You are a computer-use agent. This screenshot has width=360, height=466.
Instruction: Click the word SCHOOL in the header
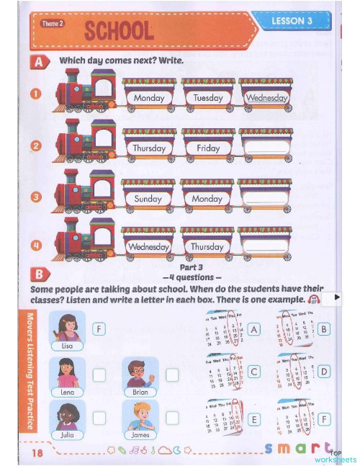(119, 31)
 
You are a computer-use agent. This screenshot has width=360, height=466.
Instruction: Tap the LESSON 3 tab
(292, 22)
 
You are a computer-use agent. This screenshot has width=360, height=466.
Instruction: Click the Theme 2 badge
(53, 24)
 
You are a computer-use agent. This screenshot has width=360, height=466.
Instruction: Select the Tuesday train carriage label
(208, 98)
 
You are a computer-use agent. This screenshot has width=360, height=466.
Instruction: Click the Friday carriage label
(208, 148)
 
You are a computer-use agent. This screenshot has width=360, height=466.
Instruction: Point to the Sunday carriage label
(148, 198)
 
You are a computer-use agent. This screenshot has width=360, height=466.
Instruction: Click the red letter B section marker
(38, 274)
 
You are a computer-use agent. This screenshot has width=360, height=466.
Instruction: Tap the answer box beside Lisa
(99, 329)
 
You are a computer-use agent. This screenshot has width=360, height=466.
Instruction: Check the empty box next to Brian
(172, 375)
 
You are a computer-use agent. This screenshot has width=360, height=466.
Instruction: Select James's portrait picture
(140, 416)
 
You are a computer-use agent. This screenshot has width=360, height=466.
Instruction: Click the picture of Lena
(68, 373)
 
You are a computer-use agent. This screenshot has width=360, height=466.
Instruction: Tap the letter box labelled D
(324, 372)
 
